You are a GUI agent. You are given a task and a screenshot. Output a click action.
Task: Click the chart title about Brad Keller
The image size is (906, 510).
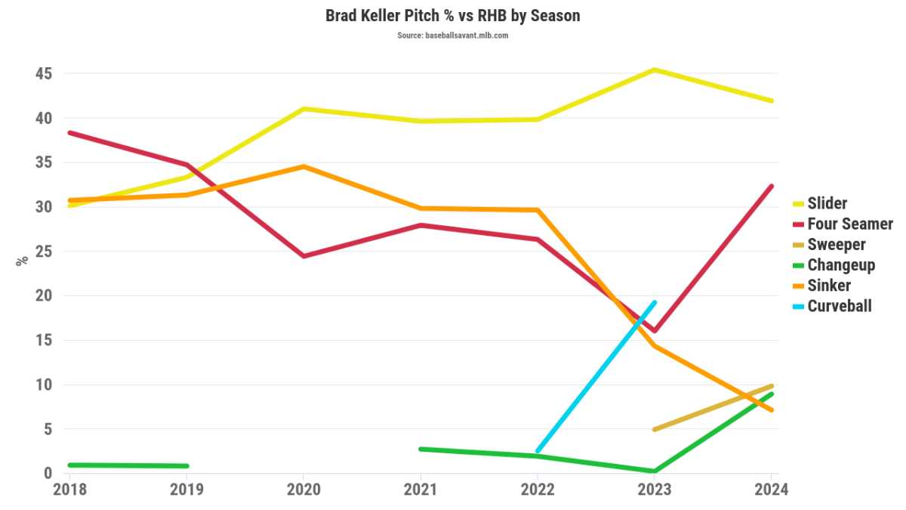pos(453,16)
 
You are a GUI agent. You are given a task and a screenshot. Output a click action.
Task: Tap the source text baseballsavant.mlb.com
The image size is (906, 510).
pos(453,36)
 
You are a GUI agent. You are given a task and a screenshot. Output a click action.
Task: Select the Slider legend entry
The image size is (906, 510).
pos(827,203)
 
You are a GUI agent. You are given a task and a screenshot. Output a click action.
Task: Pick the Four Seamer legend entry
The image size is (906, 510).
pos(849,224)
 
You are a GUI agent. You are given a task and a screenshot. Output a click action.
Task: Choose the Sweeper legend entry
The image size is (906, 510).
pos(836,245)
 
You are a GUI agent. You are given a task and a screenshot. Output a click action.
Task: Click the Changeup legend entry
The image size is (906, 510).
pos(840,265)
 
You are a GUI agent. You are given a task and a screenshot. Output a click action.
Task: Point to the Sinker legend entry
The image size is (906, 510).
pos(828,286)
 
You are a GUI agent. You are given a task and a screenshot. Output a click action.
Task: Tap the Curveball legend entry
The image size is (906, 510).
pos(839,306)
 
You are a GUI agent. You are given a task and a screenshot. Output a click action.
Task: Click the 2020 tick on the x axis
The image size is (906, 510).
pos(303,490)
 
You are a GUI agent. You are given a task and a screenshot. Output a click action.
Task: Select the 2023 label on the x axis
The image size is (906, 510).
pos(654,490)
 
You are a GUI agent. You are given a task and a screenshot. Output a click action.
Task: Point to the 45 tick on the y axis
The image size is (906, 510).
pos(42,74)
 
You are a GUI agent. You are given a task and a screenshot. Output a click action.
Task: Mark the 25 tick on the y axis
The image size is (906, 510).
pos(42,252)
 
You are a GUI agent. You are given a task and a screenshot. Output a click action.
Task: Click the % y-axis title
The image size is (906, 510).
pos(23,260)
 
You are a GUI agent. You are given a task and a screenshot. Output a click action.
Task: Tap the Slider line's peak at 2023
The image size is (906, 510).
pos(654,70)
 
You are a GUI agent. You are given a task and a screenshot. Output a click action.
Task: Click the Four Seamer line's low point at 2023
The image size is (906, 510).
pos(655,331)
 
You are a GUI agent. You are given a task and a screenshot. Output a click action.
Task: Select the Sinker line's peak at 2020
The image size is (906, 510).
pos(303,166)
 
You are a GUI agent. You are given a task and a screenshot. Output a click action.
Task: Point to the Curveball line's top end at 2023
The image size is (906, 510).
pos(654,303)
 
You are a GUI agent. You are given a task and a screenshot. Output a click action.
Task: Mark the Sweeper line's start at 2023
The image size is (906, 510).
pos(654,429)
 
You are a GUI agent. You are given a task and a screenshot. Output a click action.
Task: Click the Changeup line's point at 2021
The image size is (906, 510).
pos(420,449)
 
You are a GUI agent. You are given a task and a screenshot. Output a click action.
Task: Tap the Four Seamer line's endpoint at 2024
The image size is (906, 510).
pos(771,187)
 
